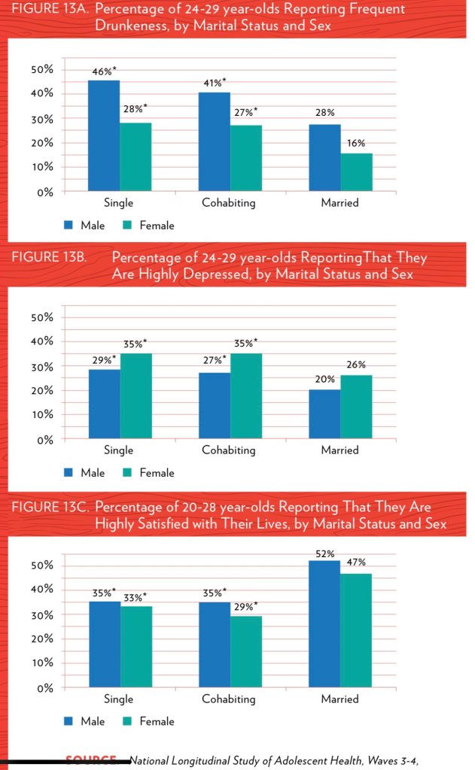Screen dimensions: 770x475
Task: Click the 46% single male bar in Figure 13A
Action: pyautogui.click(x=104, y=135)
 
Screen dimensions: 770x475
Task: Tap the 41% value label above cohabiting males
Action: pyautogui.click(x=215, y=83)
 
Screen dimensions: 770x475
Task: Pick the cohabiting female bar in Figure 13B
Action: pyautogui.click(x=246, y=396)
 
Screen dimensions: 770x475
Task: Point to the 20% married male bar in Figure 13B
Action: pyautogui.click(x=324, y=414)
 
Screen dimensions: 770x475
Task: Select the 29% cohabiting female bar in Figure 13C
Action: pyautogui.click(x=246, y=651)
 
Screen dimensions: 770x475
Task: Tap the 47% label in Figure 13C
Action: pyautogui.click(x=356, y=562)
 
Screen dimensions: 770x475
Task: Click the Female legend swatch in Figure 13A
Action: pyautogui.click(x=128, y=225)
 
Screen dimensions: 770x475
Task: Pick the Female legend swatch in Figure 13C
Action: pyautogui.click(x=128, y=721)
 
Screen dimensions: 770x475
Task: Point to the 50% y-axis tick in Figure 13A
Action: pyautogui.click(x=42, y=69)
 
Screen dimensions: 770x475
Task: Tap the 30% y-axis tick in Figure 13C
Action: pyautogui.click(x=42, y=614)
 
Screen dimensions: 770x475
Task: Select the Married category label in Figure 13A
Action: pyautogui.click(x=340, y=203)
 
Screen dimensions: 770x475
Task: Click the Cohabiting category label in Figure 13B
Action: pyautogui.click(x=229, y=450)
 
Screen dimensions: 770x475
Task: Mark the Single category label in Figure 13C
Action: pyautogui.click(x=119, y=699)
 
